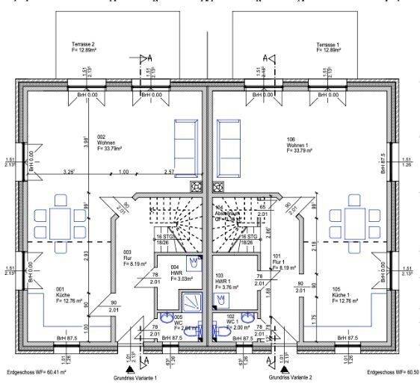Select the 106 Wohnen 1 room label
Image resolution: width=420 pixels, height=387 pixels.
[301, 143]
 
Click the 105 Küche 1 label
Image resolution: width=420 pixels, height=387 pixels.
[346, 294]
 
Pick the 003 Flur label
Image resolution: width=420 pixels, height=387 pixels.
[129, 258]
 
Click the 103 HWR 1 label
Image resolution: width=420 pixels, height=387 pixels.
[224, 280]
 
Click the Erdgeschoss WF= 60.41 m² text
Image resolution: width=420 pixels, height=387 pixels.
[37, 371]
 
